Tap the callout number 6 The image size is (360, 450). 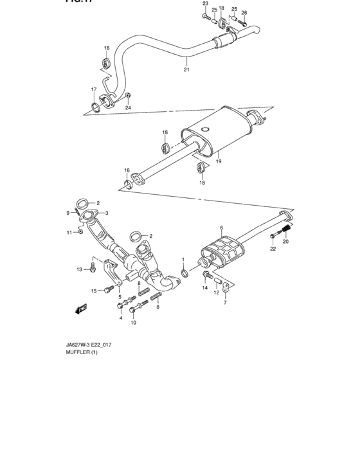point(221,228)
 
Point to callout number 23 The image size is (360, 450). point(205,4)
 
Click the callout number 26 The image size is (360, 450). point(244,12)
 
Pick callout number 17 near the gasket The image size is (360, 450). point(93,89)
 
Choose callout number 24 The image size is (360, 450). point(128,107)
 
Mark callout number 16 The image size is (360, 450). point(127,172)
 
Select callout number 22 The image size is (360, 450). point(273,248)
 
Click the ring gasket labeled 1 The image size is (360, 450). point(184,274)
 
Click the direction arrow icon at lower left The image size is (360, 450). point(82,308)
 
